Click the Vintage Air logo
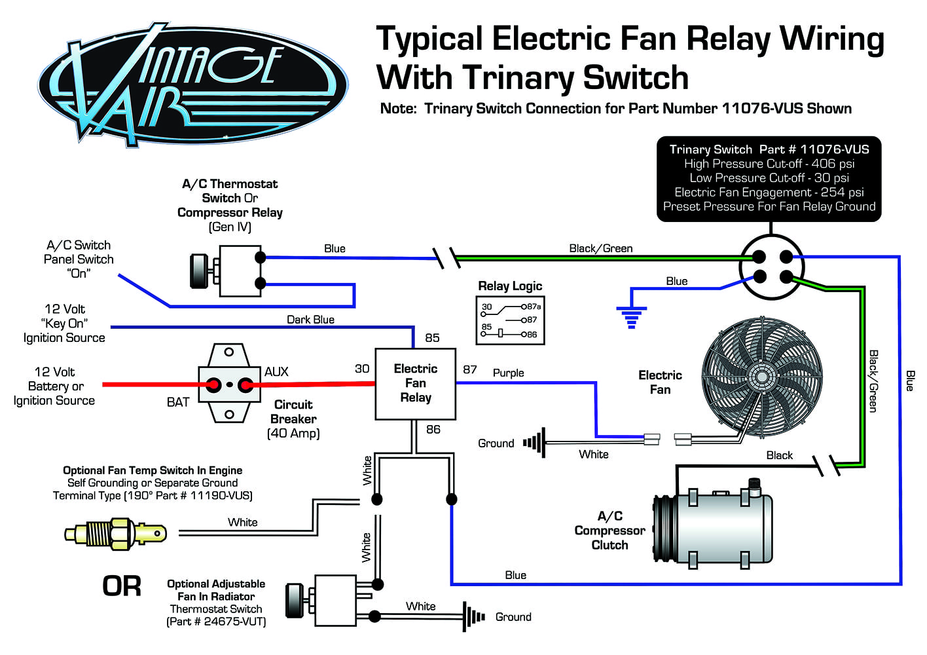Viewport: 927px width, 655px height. pos(193,83)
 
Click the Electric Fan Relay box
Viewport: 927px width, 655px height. pos(415,383)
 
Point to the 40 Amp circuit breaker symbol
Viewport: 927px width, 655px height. pos(228,384)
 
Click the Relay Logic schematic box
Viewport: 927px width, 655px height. pos(510,320)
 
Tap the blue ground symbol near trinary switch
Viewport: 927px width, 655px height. pos(631,316)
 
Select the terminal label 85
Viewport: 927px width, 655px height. pos(432,338)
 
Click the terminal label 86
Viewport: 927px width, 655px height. pos(433,430)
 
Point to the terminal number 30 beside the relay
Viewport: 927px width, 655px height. pos(362,369)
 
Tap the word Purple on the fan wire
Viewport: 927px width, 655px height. pos(508,373)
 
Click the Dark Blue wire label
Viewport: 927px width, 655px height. pos(310,320)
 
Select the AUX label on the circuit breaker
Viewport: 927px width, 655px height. pos(276,371)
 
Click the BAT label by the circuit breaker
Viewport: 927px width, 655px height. pos(178,402)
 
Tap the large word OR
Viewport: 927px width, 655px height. pos(122,586)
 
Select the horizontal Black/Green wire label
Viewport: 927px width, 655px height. pos(600,248)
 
